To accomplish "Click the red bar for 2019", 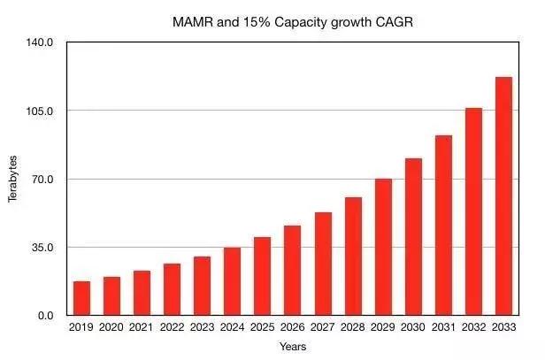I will [x=81, y=298].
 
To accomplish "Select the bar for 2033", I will [x=503, y=195].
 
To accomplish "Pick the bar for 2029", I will [x=383, y=247].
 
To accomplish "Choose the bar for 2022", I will [x=172, y=289].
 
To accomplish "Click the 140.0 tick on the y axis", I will [x=42, y=42].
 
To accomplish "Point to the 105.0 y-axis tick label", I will [x=42, y=111].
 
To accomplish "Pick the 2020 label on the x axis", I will [x=111, y=327].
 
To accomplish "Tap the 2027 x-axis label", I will [x=323, y=327].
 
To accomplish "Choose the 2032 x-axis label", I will [x=473, y=327].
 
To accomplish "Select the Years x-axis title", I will [x=292, y=346].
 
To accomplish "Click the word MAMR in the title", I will [x=191, y=21].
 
